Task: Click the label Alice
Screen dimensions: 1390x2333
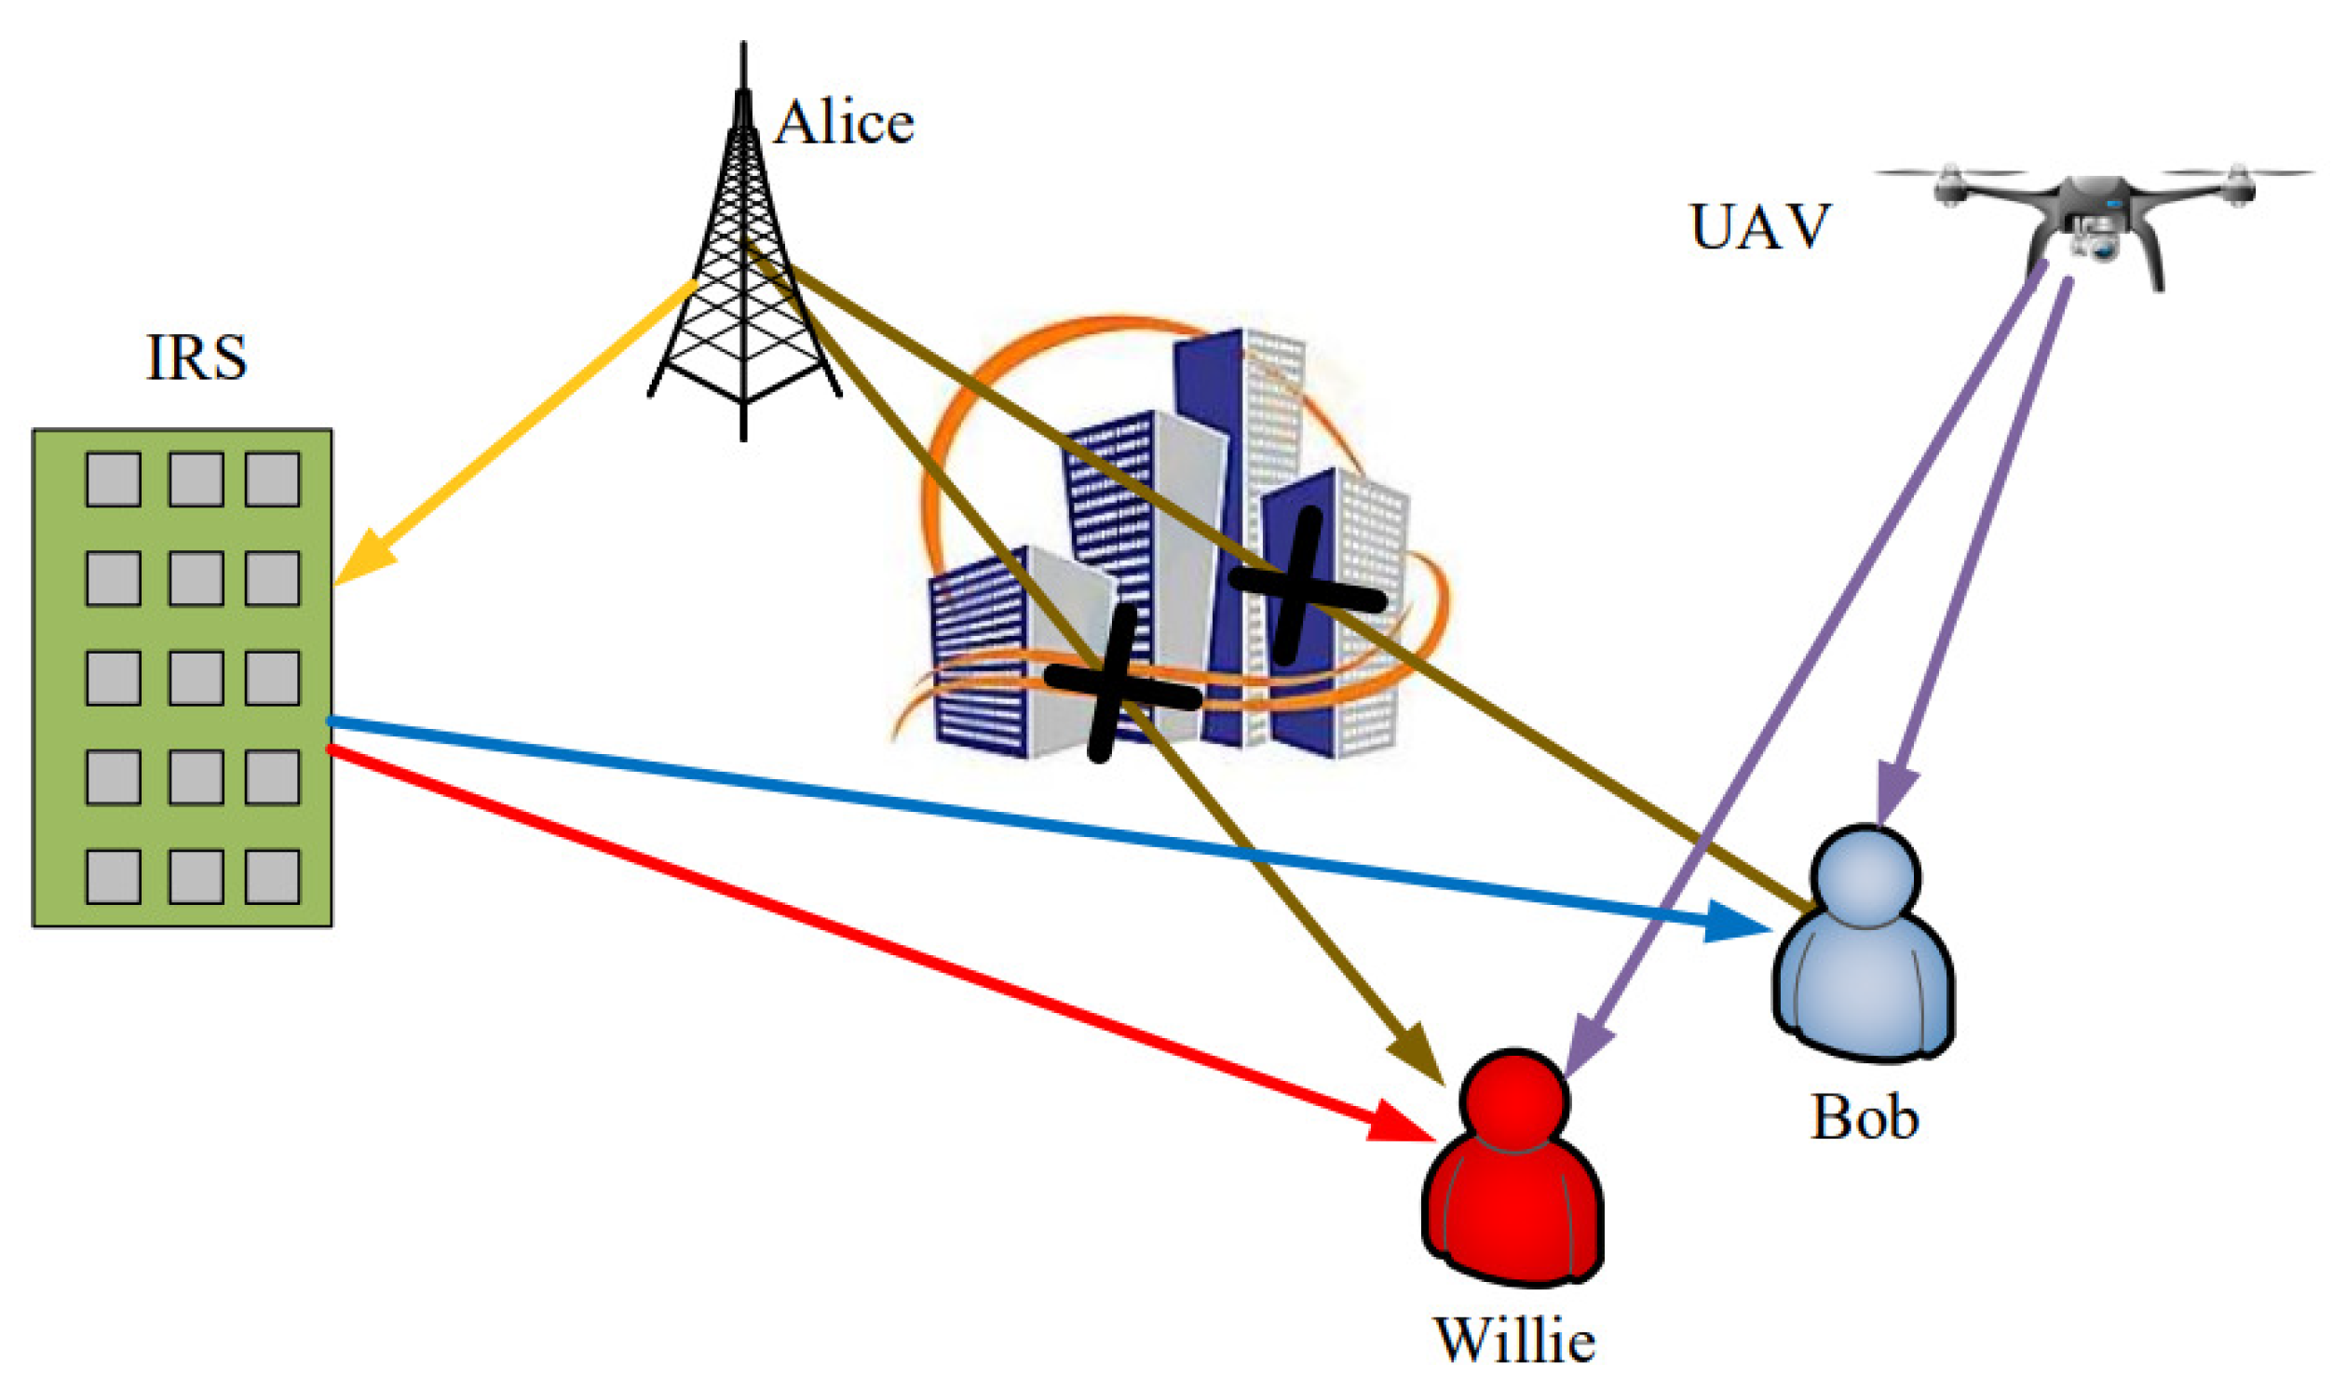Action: coord(843,124)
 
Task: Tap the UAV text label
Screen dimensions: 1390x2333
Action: coord(1759,226)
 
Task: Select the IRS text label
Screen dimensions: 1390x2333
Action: coord(197,357)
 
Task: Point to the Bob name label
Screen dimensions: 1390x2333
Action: coord(1864,1117)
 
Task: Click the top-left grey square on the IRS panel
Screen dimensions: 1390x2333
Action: coord(114,479)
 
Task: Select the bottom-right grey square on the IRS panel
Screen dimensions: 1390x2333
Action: coord(273,876)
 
